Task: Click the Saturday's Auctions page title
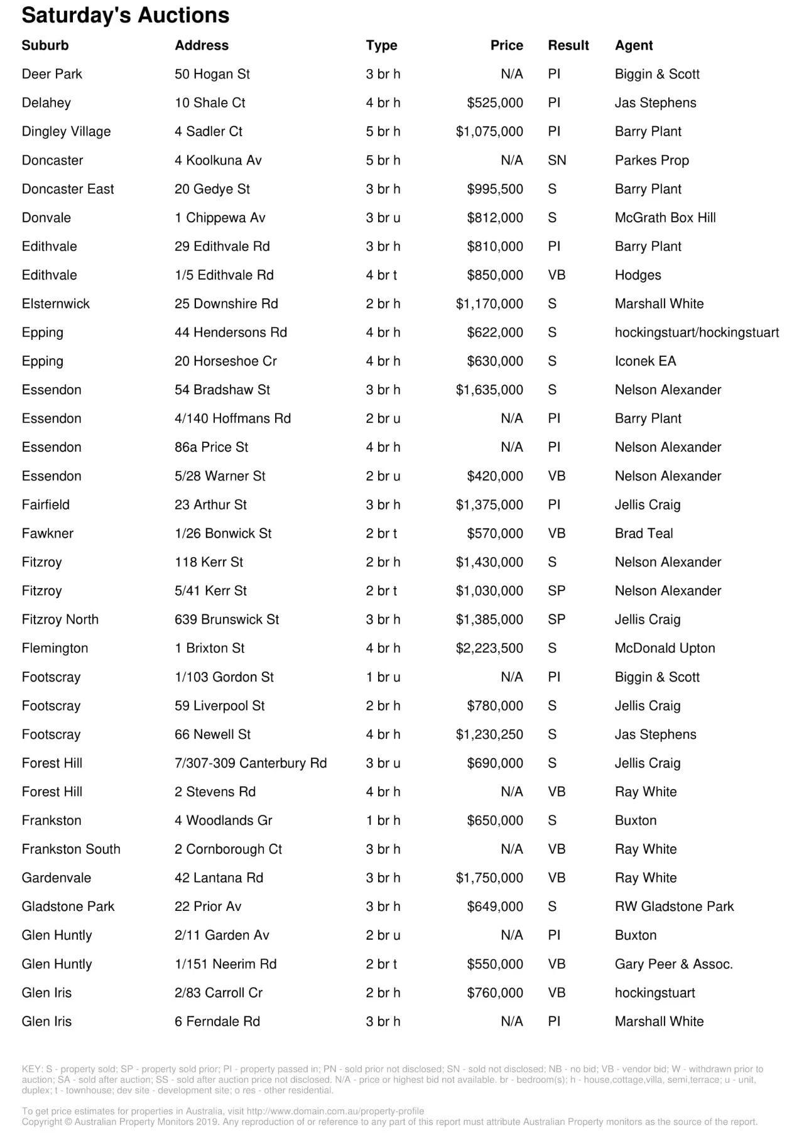126,15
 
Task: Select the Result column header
568,45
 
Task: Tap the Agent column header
633,45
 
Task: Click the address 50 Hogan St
212,74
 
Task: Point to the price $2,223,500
489,648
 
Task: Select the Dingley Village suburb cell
66,131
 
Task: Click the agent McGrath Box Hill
665,218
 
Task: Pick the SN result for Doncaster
557,160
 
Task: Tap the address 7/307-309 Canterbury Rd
251,763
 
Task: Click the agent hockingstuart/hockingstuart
697,332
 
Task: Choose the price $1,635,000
489,390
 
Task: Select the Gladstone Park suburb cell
68,906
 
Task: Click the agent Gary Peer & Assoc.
673,964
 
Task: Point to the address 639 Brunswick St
226,619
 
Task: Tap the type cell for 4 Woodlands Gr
383,820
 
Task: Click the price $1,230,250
489,734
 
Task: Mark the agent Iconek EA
645,361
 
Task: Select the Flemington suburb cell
55,648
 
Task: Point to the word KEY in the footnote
31,1069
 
